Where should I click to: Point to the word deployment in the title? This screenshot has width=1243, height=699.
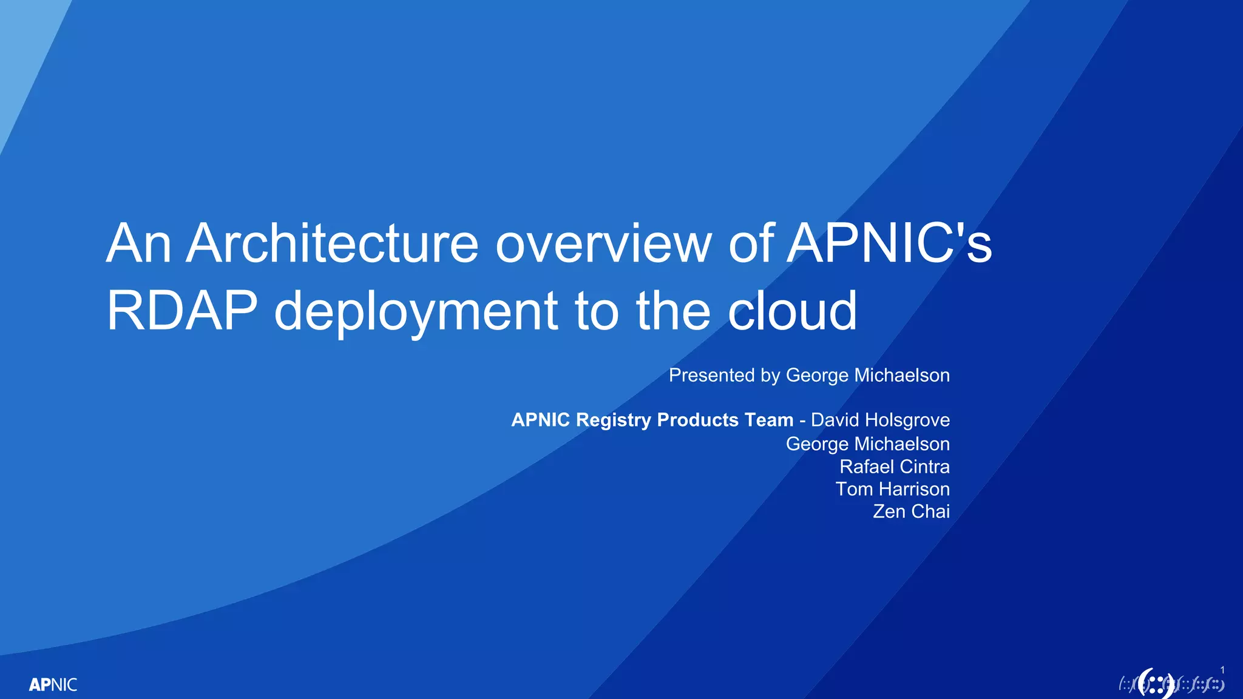416,312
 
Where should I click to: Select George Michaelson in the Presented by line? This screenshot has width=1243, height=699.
867,376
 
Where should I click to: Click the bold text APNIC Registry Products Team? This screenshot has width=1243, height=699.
652,420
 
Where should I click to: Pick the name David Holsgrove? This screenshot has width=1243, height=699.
880,420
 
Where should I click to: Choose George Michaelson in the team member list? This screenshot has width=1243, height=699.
867,444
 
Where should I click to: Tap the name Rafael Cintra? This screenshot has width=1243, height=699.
894,467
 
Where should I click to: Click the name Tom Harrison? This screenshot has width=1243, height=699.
892,489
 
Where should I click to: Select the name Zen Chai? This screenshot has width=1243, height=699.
911,512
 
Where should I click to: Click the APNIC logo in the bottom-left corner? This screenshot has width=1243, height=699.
53,685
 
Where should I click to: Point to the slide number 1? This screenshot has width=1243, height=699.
1222,670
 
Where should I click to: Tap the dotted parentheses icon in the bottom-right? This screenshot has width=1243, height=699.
1156,684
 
